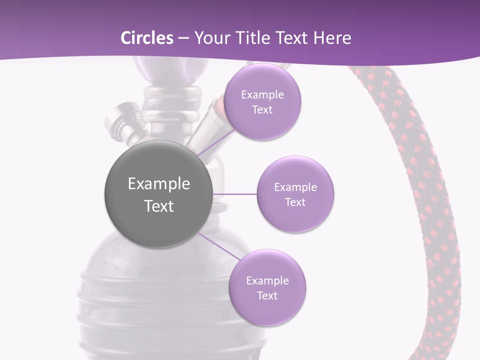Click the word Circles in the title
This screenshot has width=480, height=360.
point(146,38)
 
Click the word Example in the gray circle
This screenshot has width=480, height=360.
point(159,184)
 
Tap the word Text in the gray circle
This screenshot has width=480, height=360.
point(159,206)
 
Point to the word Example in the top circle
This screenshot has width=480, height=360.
point(262,95)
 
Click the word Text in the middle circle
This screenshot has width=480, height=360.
point(295,202)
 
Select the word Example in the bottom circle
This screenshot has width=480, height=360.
point(267,281)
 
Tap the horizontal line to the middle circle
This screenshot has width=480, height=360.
point(234,194)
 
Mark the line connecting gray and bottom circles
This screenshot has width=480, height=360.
point(218,246)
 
